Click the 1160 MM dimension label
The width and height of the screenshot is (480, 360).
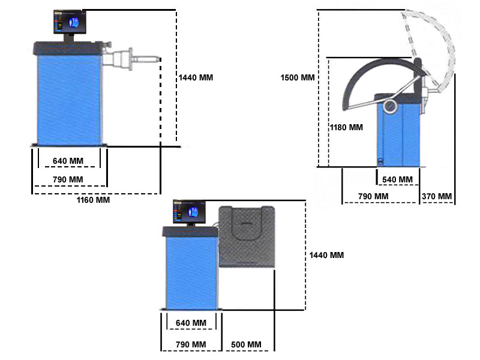click(x=93, y=200)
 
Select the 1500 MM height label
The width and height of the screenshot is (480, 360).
click(x=297, y=78)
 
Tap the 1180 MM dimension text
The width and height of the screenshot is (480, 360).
click(x=346, y=127)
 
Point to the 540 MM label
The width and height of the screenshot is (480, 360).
click(x=397, y=179)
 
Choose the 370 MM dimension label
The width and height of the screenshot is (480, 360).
click(x=436, y=196)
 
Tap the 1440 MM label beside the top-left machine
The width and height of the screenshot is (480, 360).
click(x=196, y=77)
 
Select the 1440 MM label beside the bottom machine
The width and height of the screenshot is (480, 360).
click(x=326, y=255)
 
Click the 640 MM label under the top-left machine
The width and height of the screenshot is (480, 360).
click(x=68, y=161)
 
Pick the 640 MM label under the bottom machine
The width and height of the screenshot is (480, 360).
click(x=191, y=323)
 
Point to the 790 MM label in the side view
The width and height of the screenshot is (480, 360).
click(x=373, y=196)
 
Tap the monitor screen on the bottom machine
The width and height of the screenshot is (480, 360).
click(x=189, y=212)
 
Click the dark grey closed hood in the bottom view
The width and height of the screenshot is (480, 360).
click(x=247, y=237)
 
